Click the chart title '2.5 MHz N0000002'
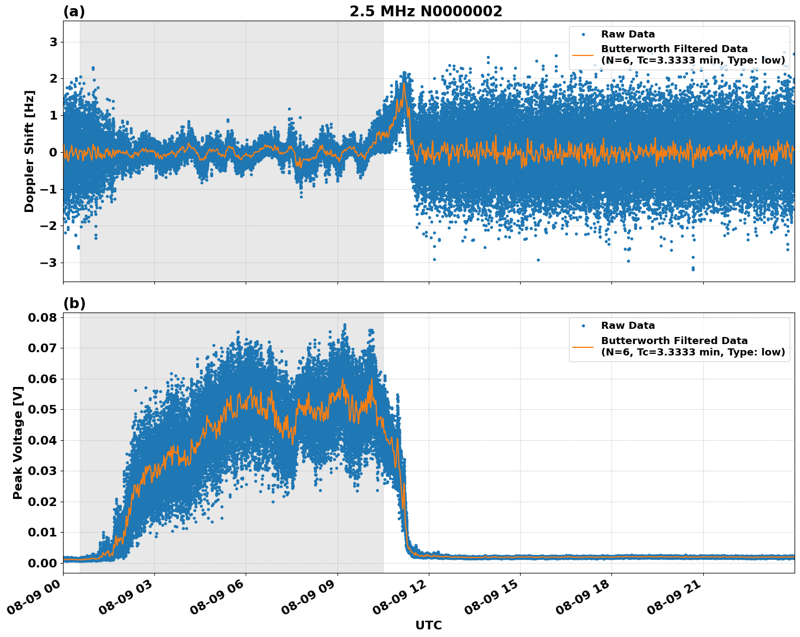(x=426, y=11)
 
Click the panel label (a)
(x=74, y=11)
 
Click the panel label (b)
(x=74, y=303)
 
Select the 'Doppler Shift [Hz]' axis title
(x=29, y=151)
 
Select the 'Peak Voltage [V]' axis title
(x=18, y=442)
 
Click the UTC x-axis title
(x=428, y=625)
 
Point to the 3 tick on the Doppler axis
(x=53, y=42)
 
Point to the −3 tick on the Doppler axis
(x=50, y=263)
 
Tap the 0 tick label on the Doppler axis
(x=53, y=152)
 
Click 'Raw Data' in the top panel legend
(x=628, y=34)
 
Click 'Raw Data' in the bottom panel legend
(x=628, y=326)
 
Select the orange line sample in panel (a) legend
(x=583, y=54)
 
